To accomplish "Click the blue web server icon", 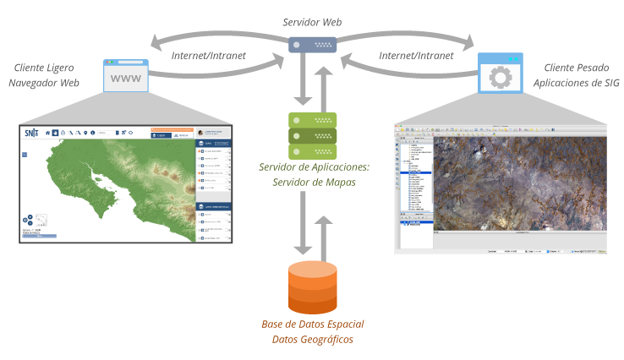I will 312,45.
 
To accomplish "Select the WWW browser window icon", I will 125,77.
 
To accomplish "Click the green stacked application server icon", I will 312,134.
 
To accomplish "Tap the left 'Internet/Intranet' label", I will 208,56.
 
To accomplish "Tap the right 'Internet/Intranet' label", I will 416,56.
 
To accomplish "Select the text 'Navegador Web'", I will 44,84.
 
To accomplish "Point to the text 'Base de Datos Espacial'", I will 312,325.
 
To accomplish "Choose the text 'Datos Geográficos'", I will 312,340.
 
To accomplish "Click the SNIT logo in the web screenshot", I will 32,133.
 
